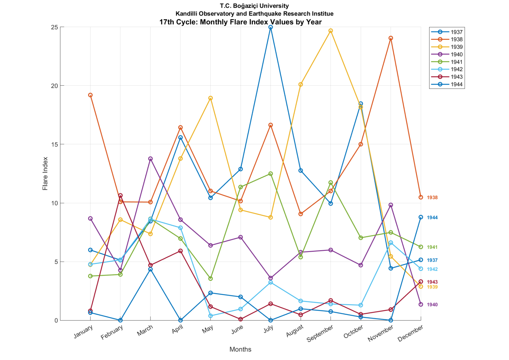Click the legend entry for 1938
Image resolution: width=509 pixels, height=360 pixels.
coord(447,39)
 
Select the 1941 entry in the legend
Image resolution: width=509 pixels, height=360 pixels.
coord(447,62)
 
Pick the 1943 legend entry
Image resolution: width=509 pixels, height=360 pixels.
coord(447,77)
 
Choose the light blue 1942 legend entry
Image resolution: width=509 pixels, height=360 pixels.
coord(447,69)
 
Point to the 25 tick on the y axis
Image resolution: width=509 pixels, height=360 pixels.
coord(54,27)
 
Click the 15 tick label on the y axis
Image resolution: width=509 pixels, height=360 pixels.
coord(54,145)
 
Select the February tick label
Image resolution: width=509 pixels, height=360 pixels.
coord(112,332)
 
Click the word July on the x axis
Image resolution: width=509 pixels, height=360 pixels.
coord(268,329)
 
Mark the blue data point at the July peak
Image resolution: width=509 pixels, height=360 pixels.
coord(271,27)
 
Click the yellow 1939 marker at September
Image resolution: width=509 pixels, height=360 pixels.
coord(331,31)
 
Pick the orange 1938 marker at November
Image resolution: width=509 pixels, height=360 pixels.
coord(391,38)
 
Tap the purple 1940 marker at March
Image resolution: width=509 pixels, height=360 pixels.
coord(150,159)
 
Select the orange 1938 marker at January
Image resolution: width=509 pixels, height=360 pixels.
coord(90,95)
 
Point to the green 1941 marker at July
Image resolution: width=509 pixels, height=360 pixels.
coord(271,174)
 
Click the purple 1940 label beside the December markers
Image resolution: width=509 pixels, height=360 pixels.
coord(432,305)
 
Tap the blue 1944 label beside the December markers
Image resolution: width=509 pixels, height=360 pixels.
coord(432,218)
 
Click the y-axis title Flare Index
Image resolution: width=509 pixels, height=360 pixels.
coord(45,173)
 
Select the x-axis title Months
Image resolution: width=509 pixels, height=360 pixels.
coord(241,349)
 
